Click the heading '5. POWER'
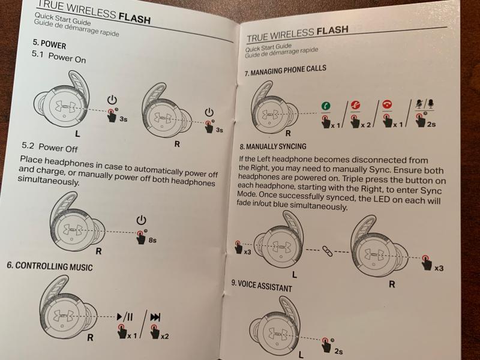(x=49, y=44)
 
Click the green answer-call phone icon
(x=324, y=107)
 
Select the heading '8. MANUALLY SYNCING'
(x=272, y=146)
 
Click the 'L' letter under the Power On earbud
(x=77, y=134)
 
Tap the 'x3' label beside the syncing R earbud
(x=439, y=267)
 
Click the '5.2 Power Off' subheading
(x=50, y=147)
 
